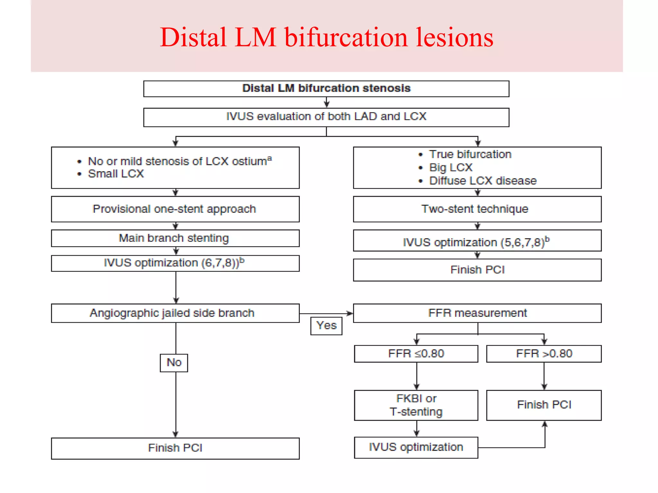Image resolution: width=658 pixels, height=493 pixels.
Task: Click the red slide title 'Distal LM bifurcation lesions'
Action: pyautogui.click(x=326, y=37)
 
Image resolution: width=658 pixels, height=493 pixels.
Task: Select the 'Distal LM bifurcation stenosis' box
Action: pyautogui.click(x=326, y=89)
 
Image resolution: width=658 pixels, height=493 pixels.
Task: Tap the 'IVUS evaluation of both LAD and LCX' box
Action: pyautogui.click(x=326, y=117)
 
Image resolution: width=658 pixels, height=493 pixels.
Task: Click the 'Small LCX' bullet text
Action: pyautogui.click(x=116, y=174)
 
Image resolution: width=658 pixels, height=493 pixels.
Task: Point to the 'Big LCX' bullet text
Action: pyautogui.click(x=450, y=168)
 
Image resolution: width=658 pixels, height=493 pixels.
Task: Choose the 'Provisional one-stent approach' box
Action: pyautogui.click(x=175, y=209)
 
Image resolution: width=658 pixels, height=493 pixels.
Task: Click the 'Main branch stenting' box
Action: pyautogui.click(x=175, y=238)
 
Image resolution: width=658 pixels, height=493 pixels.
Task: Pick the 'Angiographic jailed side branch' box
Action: pyautogui.click(x=175, y=313)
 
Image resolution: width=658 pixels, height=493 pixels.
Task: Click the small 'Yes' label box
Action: pyautogui.click(x=326, y=326)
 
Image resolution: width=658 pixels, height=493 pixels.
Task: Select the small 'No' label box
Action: pyautogui.click(x=174, y=363)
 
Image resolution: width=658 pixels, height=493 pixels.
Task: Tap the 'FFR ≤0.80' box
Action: pyautogui.click(x=416, y=354)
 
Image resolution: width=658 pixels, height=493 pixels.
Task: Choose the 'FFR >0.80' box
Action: pyautogui.click(x=544, y=354)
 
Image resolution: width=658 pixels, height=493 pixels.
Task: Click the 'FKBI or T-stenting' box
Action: pyautogui.click(x=416, y=405)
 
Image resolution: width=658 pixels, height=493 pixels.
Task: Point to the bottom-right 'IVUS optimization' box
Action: pyautogui.click(x=416, y=447)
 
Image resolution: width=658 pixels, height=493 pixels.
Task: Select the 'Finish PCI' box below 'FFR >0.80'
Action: pyautogui.click(x=544, y=405)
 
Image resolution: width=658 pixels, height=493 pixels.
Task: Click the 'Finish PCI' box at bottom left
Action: pyautogui.click(x=175, y=448)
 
